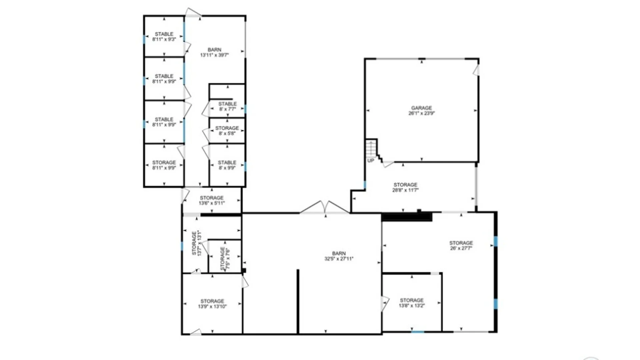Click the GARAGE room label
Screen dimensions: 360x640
point(421,110)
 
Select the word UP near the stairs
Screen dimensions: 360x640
point(370,161)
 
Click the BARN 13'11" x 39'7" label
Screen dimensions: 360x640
point(214,52)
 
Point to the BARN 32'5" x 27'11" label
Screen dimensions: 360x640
point(339,256)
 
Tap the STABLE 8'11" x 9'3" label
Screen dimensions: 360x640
point(164,37)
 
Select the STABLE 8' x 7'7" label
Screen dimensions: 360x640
point(227,106)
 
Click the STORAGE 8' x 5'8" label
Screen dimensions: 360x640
point(227,131)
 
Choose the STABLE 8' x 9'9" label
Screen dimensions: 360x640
point(227,165)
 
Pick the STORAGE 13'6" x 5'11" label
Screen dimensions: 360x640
point(212,200)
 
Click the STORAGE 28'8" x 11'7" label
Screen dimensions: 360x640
point(405,187)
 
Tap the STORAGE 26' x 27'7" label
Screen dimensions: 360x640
point(461,245)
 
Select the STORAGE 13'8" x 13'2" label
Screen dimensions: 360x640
point(412,303)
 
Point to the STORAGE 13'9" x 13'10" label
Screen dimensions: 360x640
point(212,304)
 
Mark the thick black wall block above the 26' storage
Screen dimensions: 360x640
point(407,217)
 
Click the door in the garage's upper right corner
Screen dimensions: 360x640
point(476,70)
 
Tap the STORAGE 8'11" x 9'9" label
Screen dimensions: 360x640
point(164,165)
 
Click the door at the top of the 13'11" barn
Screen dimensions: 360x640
point(193,13)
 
